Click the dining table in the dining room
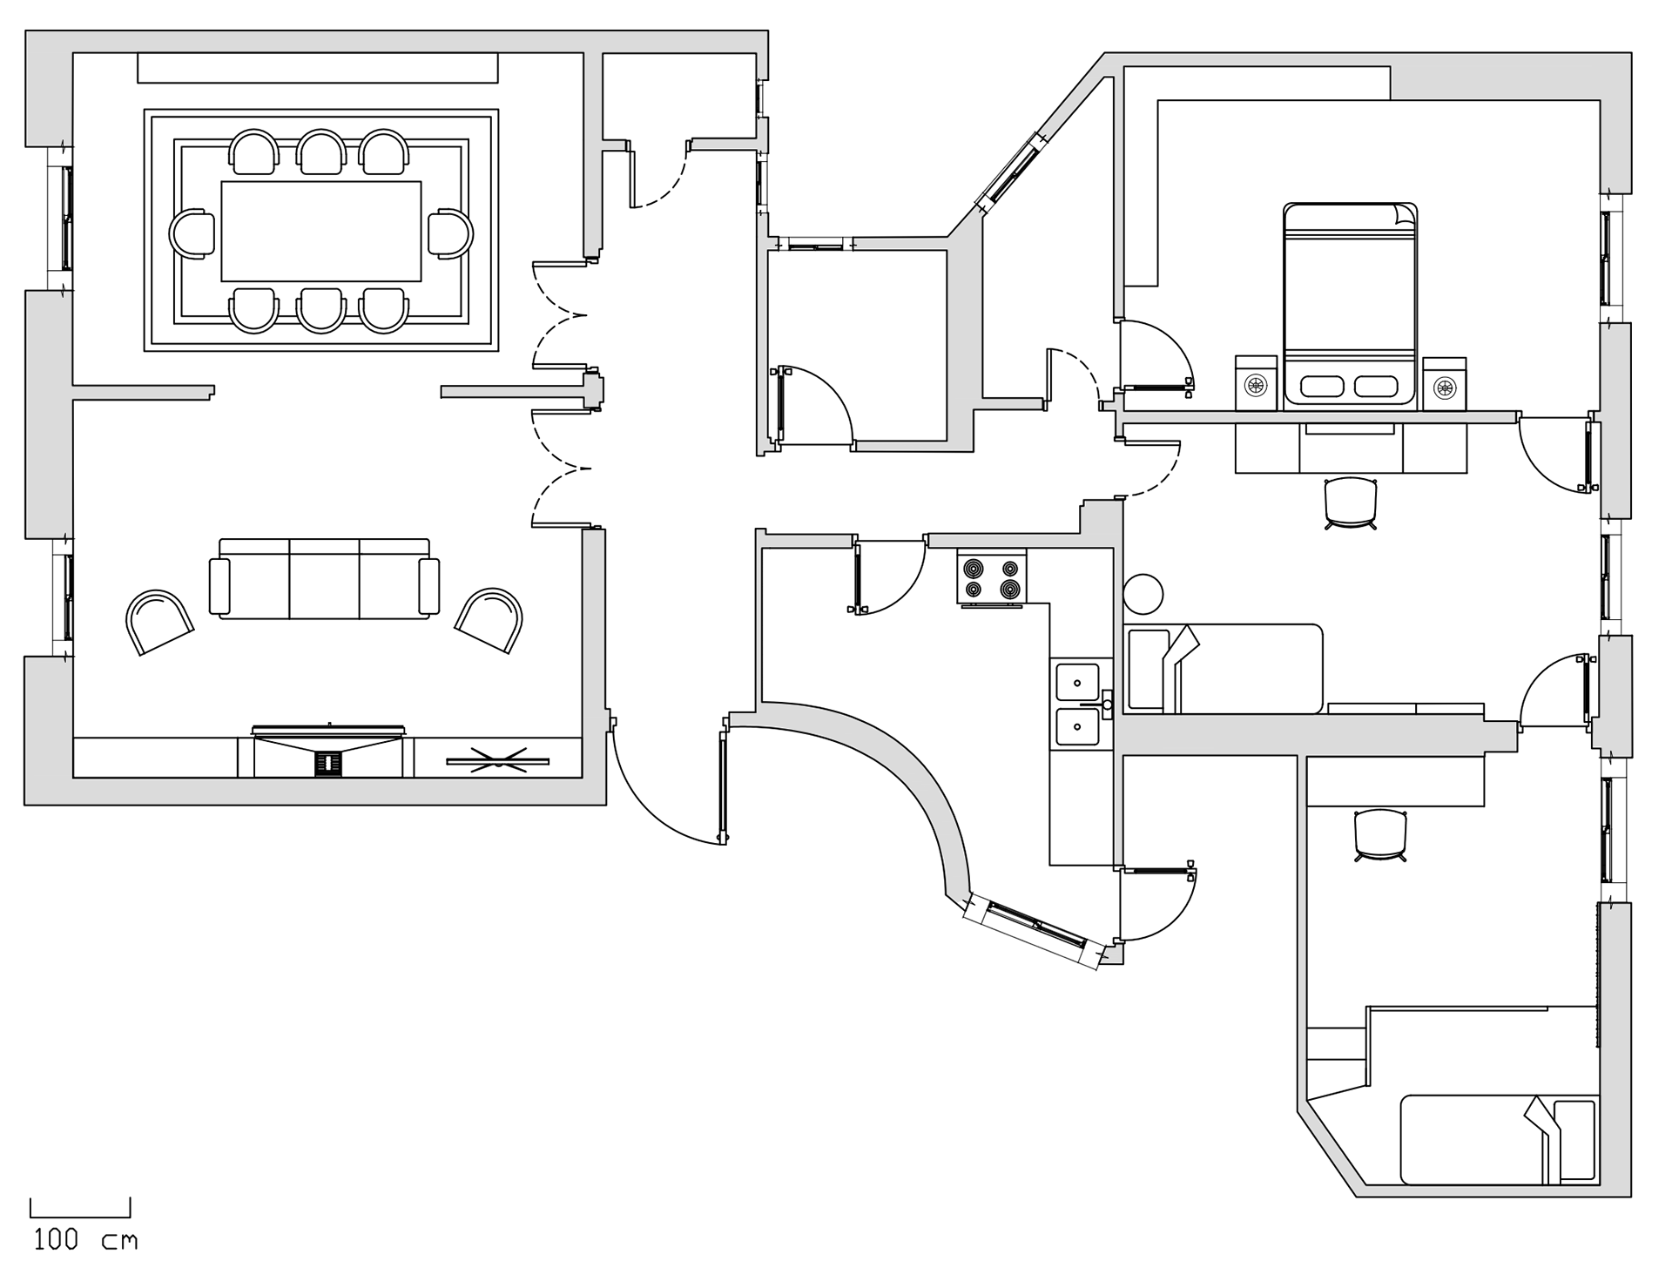(321, 231)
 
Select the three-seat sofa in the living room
(324, 579)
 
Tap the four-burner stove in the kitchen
(991, 577)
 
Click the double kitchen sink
(1078, 704)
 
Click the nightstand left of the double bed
(1256, 383)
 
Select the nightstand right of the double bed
(1445, 383)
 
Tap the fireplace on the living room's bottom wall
(328, 752)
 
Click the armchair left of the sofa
(159, 620)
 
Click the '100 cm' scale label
(84, 1239)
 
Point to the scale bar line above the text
(80, 1216)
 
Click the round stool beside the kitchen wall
(1143, 594)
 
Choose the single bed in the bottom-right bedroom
(1498, 1139)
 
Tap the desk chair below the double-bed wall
(1350, 502)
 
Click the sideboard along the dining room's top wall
(317, 69)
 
